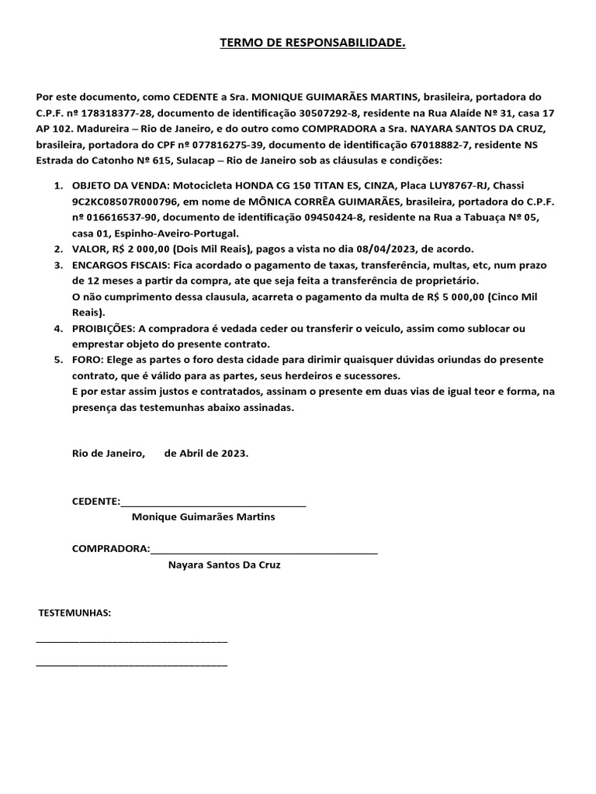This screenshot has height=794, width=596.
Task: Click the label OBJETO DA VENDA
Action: tap(116, 187)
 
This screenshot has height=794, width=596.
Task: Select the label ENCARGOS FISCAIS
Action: tap(120, 265)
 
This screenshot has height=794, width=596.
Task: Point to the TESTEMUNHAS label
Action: tap(75, 613)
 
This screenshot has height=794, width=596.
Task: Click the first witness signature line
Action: tap(132, 641)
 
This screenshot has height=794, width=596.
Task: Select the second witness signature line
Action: tap(132, 665)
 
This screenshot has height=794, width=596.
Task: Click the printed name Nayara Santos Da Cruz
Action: tap(224, 565)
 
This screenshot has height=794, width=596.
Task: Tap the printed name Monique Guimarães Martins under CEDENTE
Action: tap(203, 517)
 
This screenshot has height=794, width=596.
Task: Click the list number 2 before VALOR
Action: tap(58, 249)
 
